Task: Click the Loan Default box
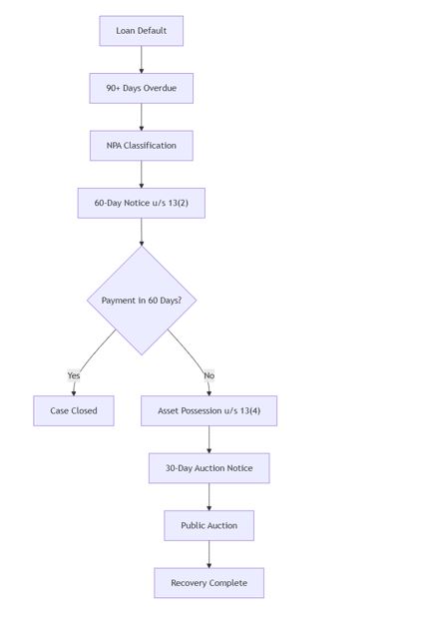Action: click(141, 31)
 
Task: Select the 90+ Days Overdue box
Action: click(141, 88)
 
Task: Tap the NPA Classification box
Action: click(141, 146)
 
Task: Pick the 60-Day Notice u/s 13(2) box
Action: click(141, 203)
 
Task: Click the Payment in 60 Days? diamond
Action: click(142, 301)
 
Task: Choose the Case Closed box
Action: click(74, 411)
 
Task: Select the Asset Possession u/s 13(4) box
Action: click(210, 411)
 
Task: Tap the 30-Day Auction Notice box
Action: click(210, 468)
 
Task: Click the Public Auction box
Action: click(210, 526)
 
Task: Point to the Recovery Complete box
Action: click(210, 583)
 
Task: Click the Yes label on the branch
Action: click(74, 375)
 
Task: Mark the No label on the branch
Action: click(210, 375)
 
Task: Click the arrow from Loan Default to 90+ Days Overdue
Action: click(142, 60)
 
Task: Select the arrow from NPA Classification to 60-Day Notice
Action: click(142, 175)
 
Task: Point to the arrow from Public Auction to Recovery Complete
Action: click(210, 554)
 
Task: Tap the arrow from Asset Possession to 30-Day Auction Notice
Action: click(210, 439)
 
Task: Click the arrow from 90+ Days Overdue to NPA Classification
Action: click(142, 117)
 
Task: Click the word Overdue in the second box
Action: click(160, 88)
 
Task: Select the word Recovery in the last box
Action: click(187, 583)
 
